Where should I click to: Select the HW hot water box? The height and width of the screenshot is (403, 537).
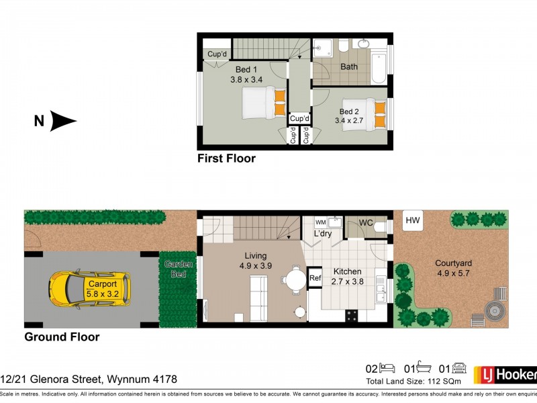411,220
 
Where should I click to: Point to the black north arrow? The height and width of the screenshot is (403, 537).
63,122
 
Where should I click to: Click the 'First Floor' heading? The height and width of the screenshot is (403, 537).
226,159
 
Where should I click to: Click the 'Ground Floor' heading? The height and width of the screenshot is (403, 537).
62,337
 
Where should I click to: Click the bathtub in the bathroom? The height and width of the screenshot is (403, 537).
378,67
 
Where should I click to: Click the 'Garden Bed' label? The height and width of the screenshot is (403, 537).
179,269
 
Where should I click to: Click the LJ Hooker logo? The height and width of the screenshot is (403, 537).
505,374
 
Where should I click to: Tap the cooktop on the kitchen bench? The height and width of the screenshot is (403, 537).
352,314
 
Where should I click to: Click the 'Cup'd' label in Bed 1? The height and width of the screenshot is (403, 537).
217,54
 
